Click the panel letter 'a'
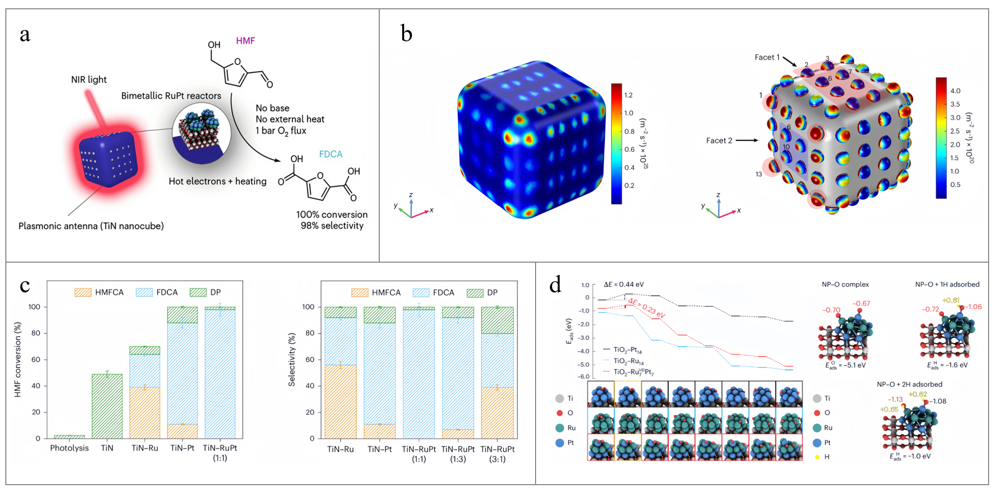(25, 35)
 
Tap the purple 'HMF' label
(245, 41)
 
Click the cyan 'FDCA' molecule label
(330, 154)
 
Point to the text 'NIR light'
(88, 80)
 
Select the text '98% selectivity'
(332, 226)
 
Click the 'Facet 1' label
(767, 57)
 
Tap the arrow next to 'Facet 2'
(746, 140)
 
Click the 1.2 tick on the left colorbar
(628, 95)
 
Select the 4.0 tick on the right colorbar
(955, 91)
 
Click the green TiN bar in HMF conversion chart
(107, 406)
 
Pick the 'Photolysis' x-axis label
(69, 448)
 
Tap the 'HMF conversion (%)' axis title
(18, 359)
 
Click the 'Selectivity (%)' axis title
(292, 359)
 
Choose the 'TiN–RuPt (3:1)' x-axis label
(497, 454)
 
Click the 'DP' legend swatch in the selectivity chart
(475, 293)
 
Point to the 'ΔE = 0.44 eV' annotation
(624, 285)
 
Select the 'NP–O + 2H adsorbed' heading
(909, 384)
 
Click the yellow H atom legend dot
(817, 457)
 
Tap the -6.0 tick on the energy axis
(584, 377)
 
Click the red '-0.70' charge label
(831, 310)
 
